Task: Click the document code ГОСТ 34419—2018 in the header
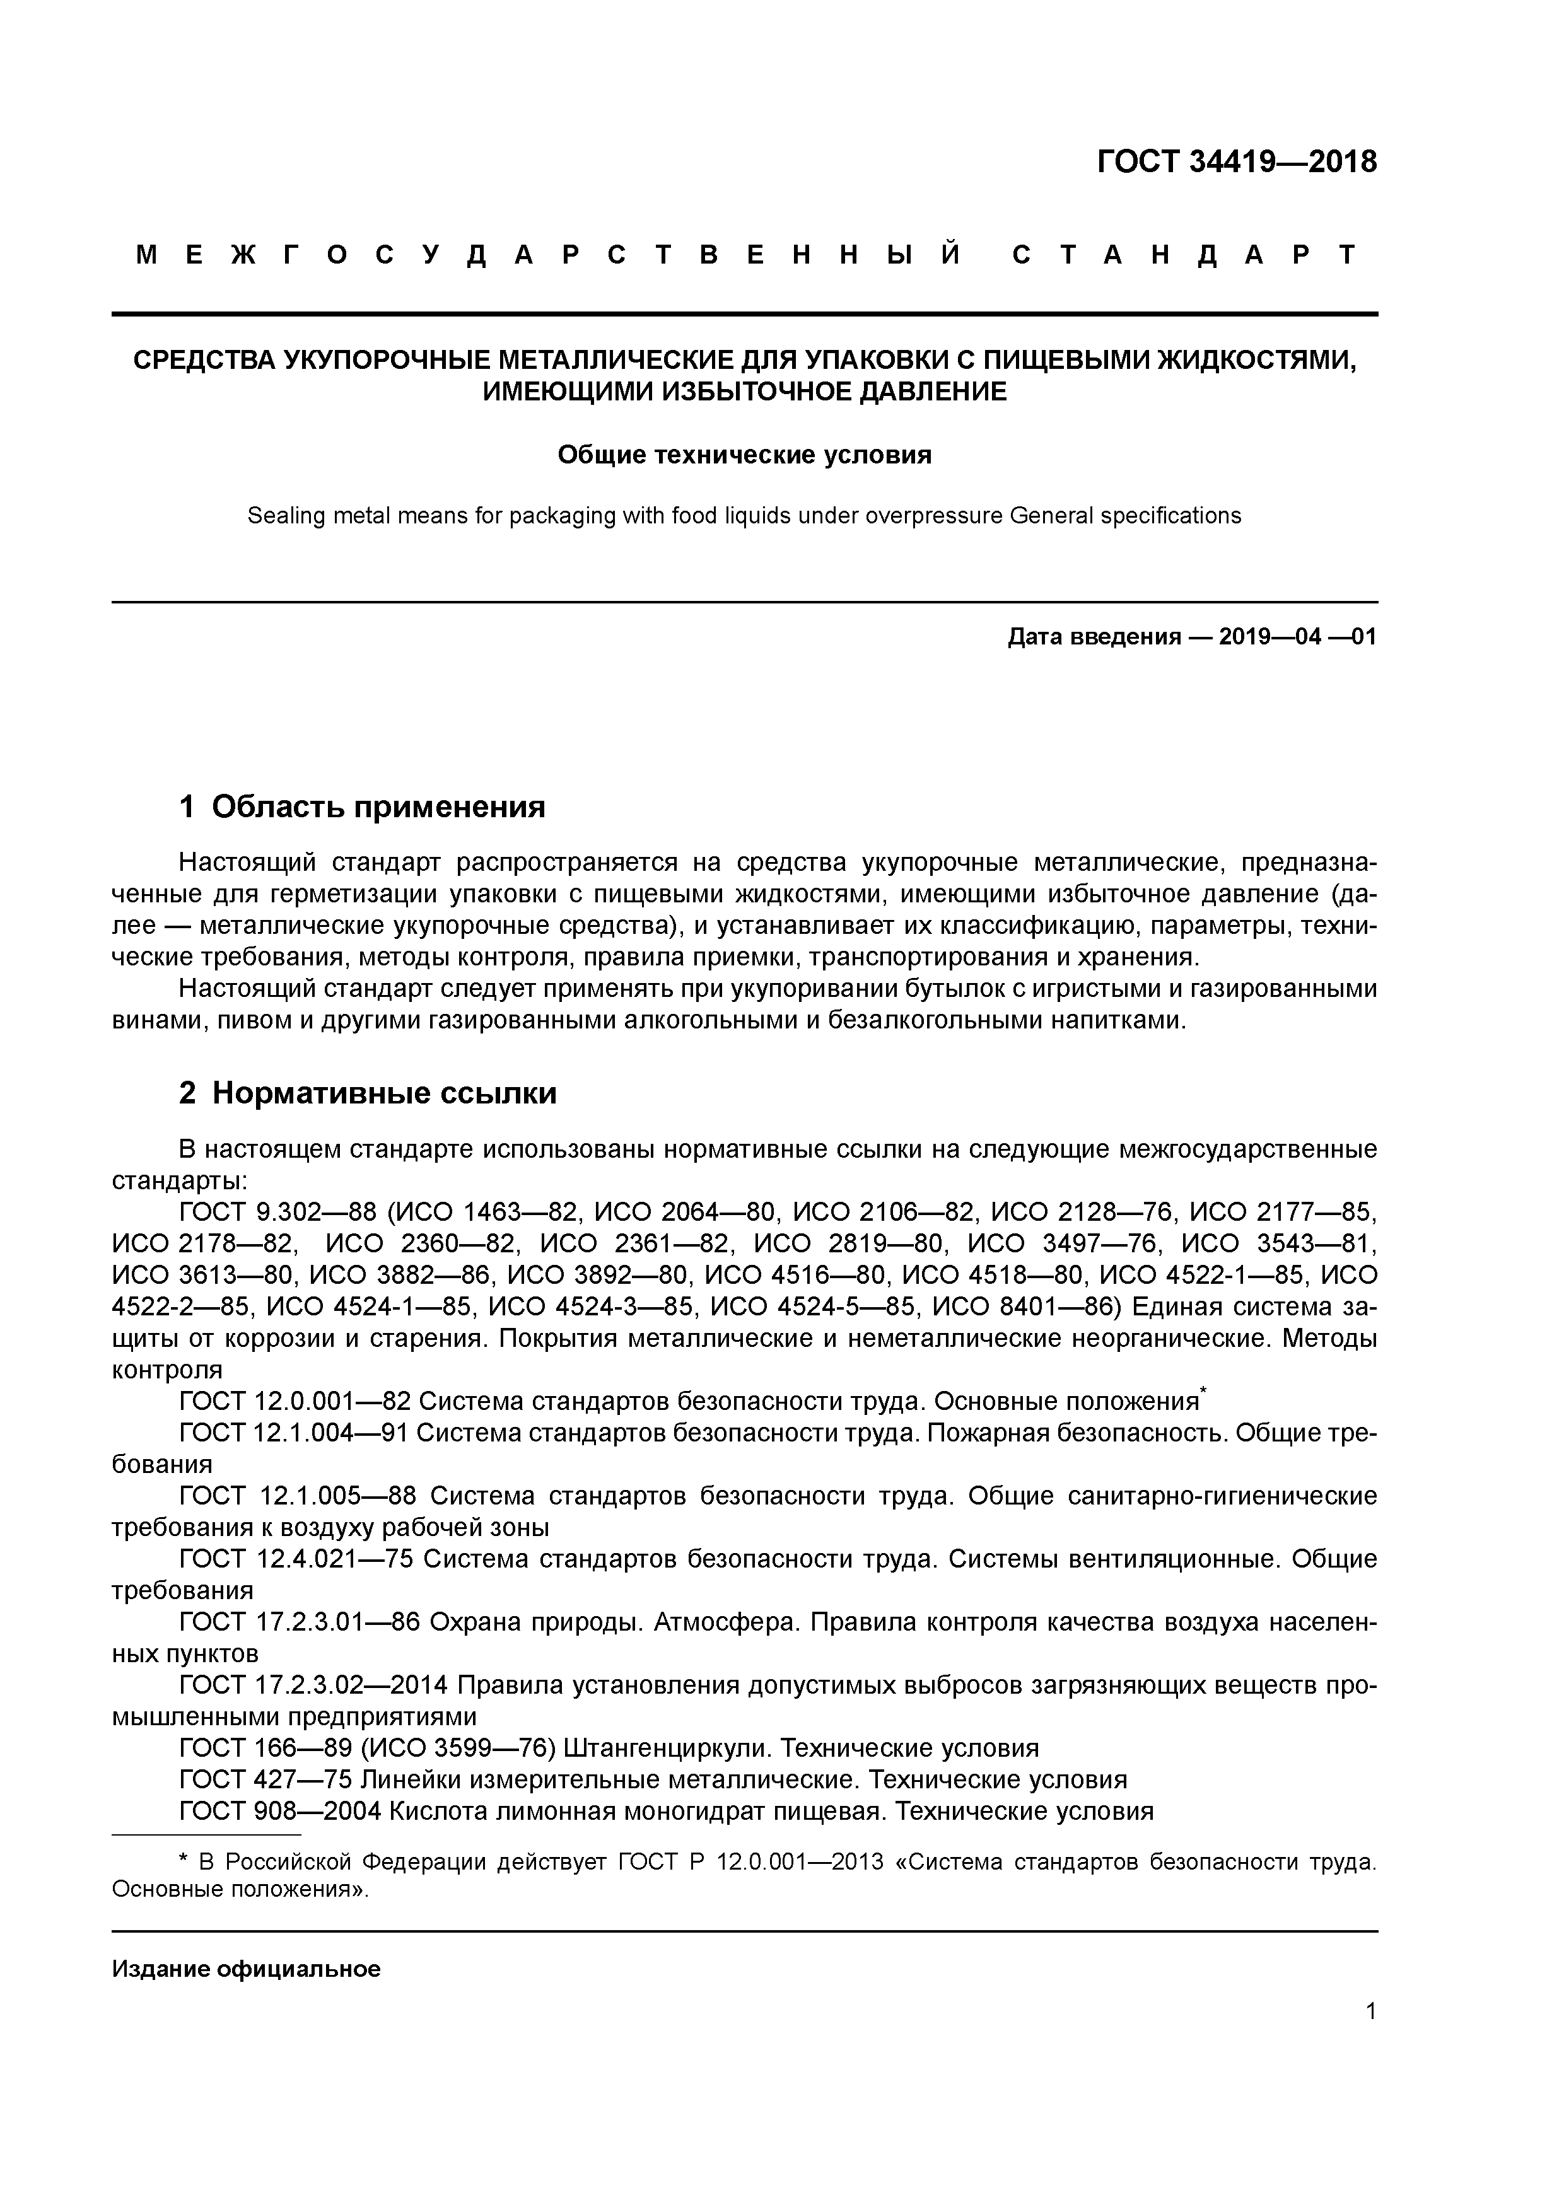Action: point(1236,162)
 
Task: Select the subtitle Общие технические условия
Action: point(744,455)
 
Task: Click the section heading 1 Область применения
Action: point(363,806)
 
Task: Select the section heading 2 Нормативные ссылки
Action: point(368,1093)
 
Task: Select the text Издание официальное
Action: point(246,1969)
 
